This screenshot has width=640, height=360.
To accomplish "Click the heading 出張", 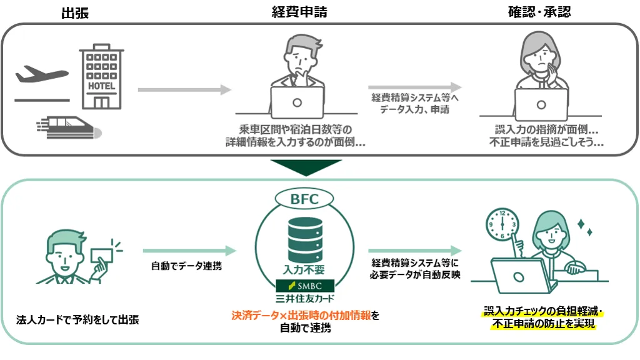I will tap(75, 12).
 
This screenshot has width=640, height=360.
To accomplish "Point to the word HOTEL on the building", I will tap(102, 86).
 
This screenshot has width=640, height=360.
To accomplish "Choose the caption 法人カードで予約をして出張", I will tap(77, 320).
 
